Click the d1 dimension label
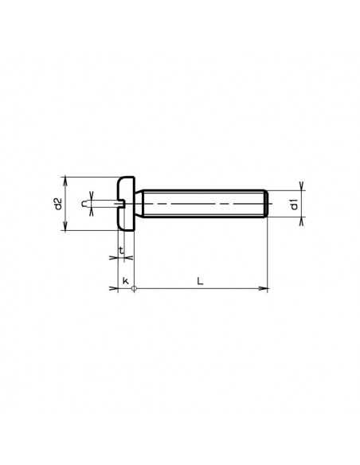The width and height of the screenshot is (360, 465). pyautogui.click(x=294, y=204)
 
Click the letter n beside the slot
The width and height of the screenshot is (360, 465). pyautogui.click(x=84, y=204)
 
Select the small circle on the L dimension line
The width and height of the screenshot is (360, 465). pyautogui.click(x=135, y=288)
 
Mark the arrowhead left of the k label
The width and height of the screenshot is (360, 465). pyautogui.click(x=114, y=288)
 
